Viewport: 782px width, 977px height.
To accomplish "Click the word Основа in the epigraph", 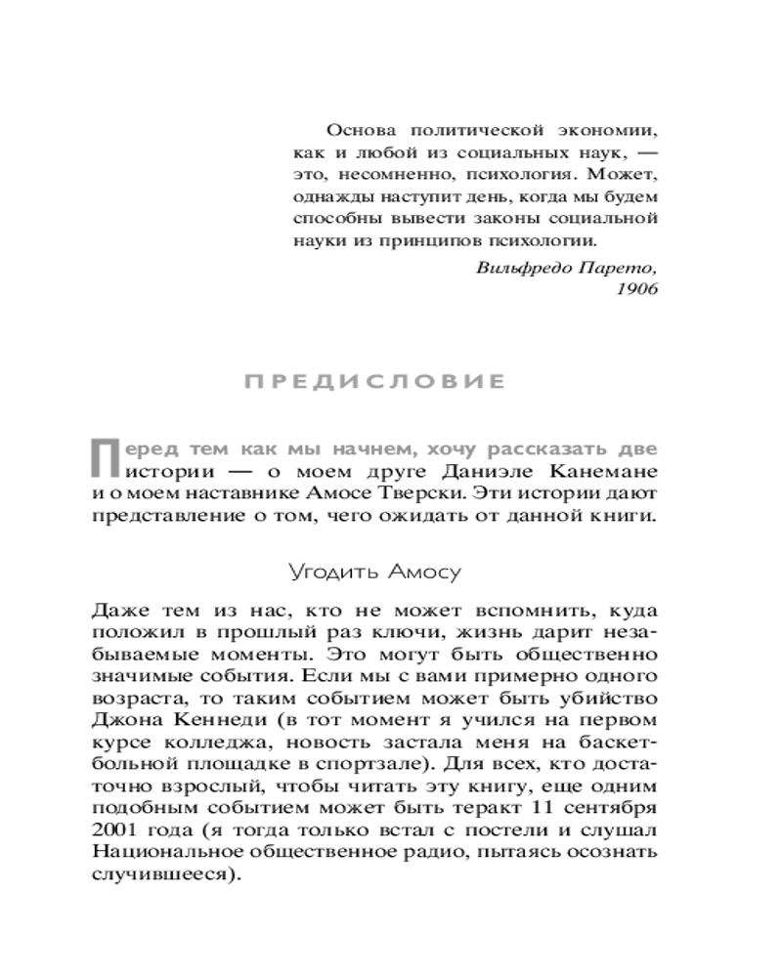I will [x=361, y=130].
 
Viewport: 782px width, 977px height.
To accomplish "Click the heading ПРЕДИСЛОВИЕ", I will [x=374, y=381].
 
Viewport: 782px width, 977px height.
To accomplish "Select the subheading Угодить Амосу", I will [x=373, y=571].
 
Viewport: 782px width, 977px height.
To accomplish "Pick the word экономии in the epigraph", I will [x=601, y=130].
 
